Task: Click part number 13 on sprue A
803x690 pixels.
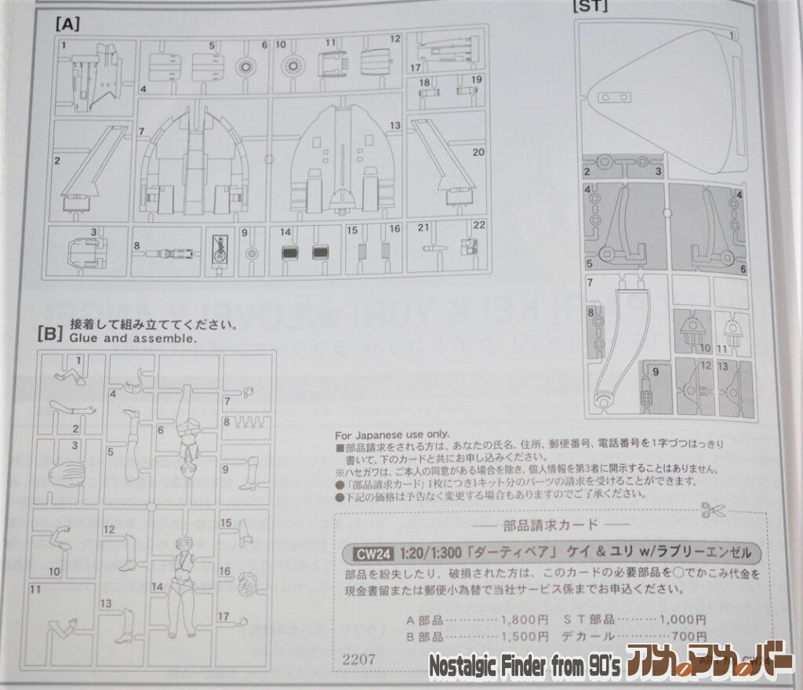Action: (394, 125)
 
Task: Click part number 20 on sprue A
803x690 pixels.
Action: (478, 151)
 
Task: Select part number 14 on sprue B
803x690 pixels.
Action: (156, 586)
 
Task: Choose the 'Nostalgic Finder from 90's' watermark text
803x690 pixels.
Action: (525, 666)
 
